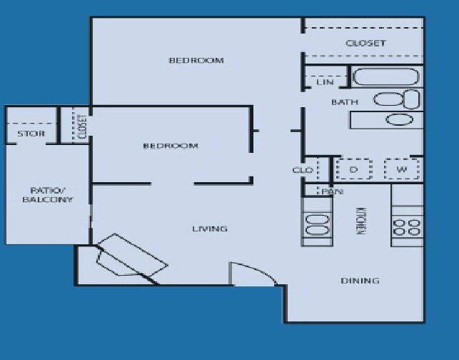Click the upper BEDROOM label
(x=196, y=60)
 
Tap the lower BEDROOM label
(x=171, y=146)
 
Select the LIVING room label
(x=210, y=229)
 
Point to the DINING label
(x=360, y=281)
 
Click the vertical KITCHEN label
(x=361, y=221)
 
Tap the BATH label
(x=344, y=103)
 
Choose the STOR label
(x=31, y=134)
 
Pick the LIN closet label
(x=325, y=83)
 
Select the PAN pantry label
(x=329, y=191)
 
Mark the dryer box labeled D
(x=353, y=169)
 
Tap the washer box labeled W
(x=402, y=169)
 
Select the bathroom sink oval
(x=400, y=119)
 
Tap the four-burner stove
(x=407, y=227)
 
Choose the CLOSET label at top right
(x=365, y=43)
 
